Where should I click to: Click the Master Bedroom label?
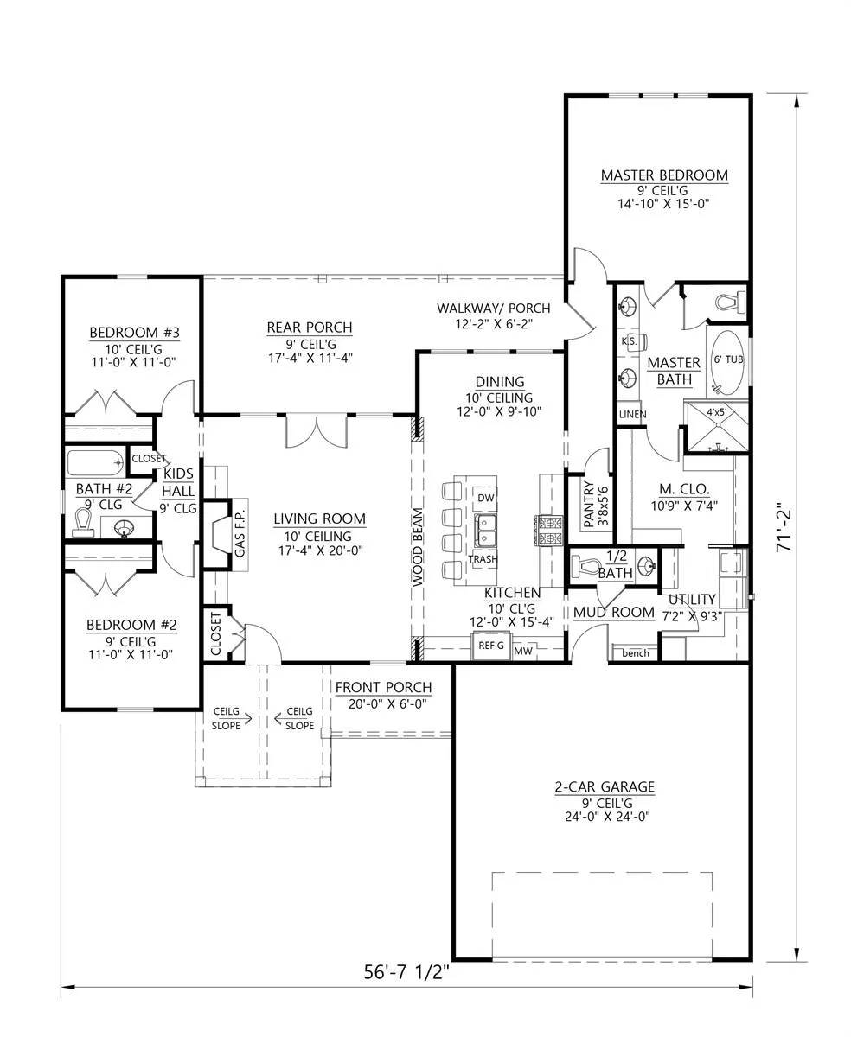click(664, 175)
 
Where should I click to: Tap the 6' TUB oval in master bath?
click(727, 361)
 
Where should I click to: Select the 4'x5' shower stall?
click(716, 427)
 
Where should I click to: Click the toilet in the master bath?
click(729, 302)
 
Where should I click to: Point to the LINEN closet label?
click(632, 415)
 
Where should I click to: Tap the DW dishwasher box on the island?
click(484, 498)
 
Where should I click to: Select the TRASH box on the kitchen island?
click(483, 559)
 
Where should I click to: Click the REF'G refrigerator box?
click(491, 646)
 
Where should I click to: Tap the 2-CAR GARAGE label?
click(605, 787)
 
